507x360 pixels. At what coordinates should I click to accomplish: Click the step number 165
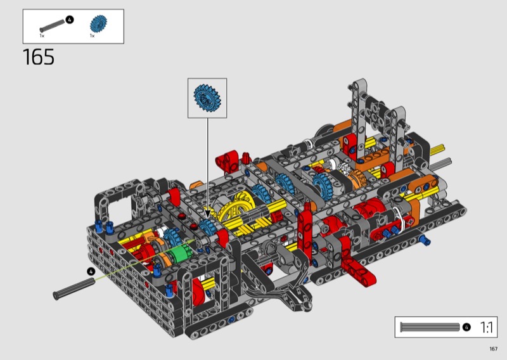[39, 57]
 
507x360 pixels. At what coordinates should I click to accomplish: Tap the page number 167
[493, 349]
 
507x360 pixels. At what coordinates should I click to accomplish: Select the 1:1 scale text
[486, 327]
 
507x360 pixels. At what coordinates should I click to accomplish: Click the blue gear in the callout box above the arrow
[207, 98]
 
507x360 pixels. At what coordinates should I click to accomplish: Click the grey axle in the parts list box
[52, 25]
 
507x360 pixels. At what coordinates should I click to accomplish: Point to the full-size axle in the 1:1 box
[430, 327]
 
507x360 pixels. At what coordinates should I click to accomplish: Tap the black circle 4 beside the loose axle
[91, 271]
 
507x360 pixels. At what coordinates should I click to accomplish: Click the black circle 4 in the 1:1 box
[466, 327]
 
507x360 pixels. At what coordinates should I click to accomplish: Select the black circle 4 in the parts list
[70, 20]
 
